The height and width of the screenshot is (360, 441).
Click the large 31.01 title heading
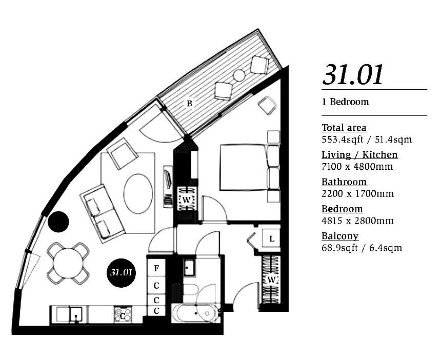(353, 74)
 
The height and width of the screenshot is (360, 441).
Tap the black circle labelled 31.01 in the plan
(121, 273)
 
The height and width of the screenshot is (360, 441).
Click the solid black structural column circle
(58, 222)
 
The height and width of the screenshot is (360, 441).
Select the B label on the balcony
(190, 104)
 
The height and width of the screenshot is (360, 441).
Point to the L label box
(271, 238)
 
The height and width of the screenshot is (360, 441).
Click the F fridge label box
(156, 268)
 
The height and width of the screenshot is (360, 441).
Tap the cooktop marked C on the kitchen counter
(123, 315)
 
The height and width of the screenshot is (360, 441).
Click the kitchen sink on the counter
(76, 315)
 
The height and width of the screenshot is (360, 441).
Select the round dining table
(68, 263)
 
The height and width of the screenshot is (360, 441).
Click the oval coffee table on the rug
(138, 194)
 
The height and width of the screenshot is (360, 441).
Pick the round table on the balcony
(239, 75)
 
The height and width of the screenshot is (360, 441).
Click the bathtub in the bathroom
(195, 313)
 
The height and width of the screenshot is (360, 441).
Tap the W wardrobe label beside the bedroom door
(186, 199)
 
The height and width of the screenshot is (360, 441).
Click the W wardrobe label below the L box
(271, 279)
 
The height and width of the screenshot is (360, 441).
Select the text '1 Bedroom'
(346, 102)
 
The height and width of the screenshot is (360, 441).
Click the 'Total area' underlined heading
(344, 128)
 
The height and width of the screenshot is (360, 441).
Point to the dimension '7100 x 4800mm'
(357, 167)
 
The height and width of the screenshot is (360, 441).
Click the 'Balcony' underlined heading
(340, 236)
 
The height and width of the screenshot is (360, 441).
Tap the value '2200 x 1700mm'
(358, 193)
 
